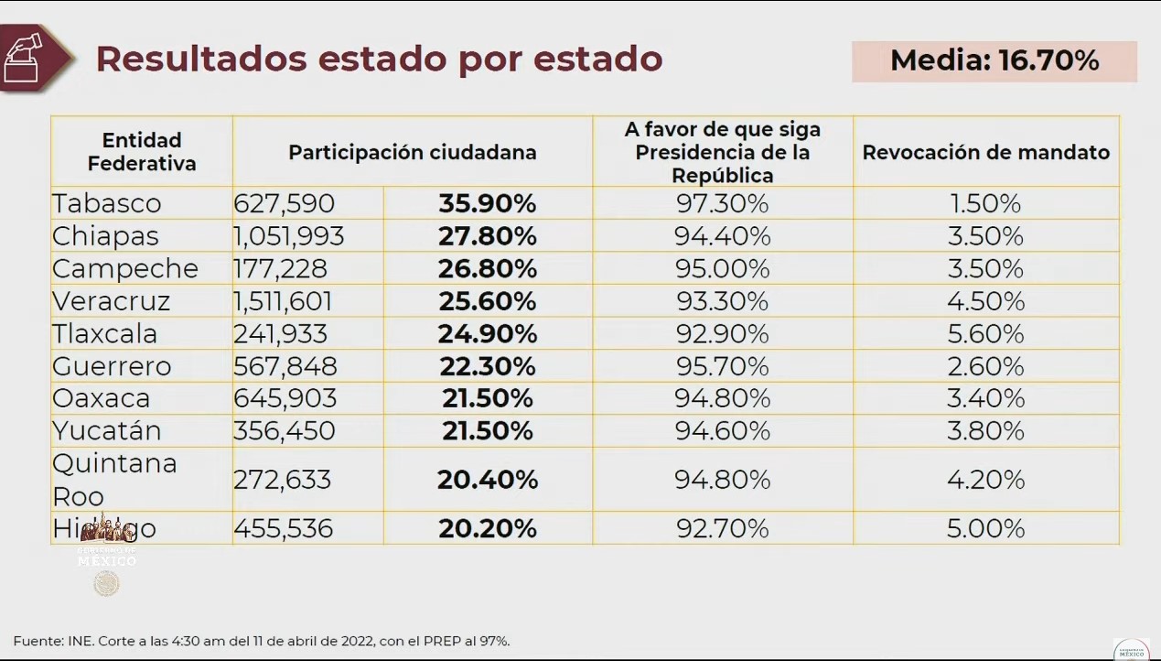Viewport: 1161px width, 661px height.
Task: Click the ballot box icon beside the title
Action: (x=26, y=58)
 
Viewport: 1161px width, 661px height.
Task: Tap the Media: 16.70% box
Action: (x=994, y=61)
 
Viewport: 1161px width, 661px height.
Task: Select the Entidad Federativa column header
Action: (x=142, y=152)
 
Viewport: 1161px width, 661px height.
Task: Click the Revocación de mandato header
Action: (x=985, y=152)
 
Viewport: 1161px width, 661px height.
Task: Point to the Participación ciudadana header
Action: (x=412, y=152)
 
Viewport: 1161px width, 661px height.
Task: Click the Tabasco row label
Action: (x=107, y=203)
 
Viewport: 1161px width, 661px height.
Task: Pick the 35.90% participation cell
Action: (x=487, y=203)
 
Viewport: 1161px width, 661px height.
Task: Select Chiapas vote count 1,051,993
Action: (x=289, y=236)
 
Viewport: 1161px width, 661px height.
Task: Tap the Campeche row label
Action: (x=125, y=268)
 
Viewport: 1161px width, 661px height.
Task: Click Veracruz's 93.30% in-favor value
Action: (x=722, y=301)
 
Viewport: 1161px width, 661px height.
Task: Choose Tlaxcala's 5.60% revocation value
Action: (x=985, y=333)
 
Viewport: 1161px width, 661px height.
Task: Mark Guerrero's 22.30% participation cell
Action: (x=487, y=366)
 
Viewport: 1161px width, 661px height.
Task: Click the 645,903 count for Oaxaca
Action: (x=285, y=398)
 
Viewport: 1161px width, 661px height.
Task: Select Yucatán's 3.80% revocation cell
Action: (x=985, y=430)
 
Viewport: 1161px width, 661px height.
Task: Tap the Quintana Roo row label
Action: (x=114, y=479)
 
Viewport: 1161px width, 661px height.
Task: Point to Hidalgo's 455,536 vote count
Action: (x=284, y=528)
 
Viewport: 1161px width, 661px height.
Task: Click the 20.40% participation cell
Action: (x=487, y=479)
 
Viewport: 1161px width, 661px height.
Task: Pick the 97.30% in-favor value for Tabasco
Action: (x=722, y=203)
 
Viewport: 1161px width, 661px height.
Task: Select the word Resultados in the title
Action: (x=200, y=59)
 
